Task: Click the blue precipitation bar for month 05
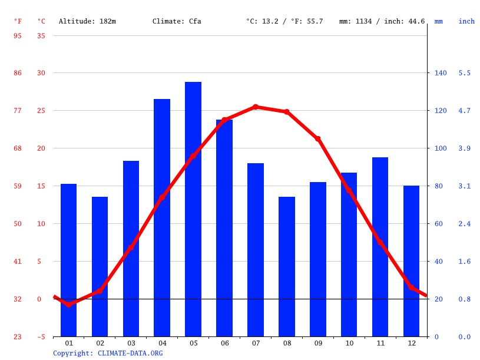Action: (x=193, y=209)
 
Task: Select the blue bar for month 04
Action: (x=162, y=218)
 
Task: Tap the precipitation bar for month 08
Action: (x=287, y=266)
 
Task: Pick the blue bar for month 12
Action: (x=411, y=261)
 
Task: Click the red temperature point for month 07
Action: (x=256, y=107)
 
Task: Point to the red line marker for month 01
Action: (x=69, y=304)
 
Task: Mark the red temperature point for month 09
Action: (x=318, y=139)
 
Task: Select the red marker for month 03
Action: (x=131, y=247)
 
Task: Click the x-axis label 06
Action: (x=224, y=343)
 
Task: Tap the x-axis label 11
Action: (x=380, y=343)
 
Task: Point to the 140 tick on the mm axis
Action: (x=441, y=73)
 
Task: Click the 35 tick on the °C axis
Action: (x=41, y=35)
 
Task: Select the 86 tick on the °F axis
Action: (x=18, y=73)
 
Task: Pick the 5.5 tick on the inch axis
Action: (x=465, y=73)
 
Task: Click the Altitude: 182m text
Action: (x=87, y=21)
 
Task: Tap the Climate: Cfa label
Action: (x=177, y=21)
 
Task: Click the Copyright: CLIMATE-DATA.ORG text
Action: (x=108, y=353)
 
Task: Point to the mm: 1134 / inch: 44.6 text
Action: (x=382, y=21)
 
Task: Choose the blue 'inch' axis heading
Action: (x=466, y=21)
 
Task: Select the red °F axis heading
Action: (x=18, y=21)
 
